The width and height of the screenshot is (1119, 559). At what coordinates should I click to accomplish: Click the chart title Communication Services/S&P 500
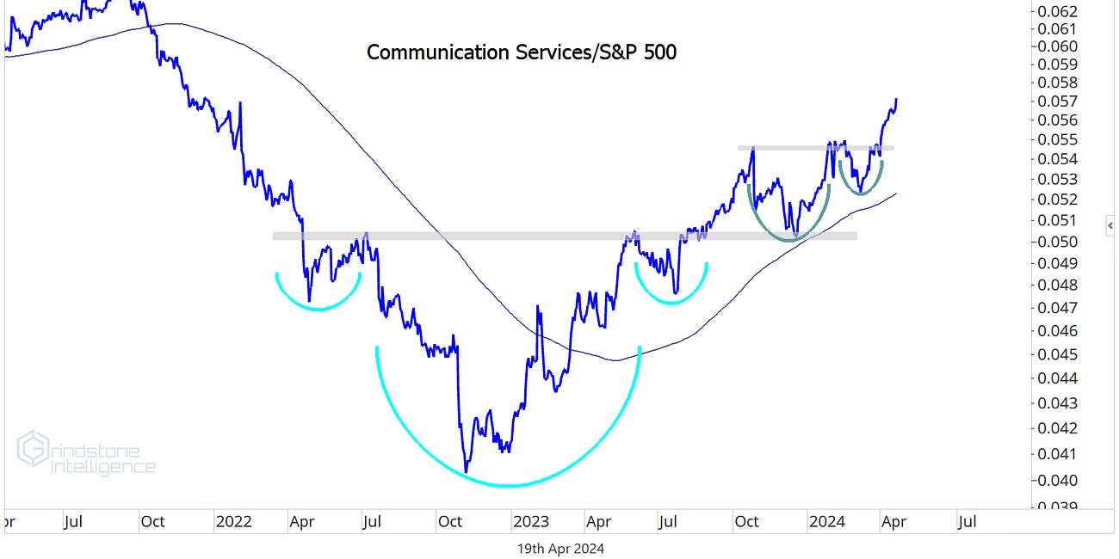click(522, 52)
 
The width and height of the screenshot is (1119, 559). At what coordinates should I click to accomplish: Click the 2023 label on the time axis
click(529, 521)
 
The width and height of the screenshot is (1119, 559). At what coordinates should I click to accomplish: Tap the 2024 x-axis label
click(826, 521)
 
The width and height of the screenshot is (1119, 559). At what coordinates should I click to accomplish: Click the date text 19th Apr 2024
click(559, 548)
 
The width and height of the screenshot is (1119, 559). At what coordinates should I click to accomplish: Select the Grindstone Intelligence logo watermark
click(86, 453)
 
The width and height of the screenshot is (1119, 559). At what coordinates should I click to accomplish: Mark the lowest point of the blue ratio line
click(466, 471)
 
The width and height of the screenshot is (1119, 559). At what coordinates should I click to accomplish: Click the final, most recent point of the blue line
click(897, 99)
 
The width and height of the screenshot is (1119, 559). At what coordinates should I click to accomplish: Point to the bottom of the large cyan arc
click(508, 486)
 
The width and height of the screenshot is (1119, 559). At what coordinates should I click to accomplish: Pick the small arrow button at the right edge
click(1110, 225)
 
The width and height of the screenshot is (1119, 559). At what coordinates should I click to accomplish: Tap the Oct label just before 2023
click(450, 521)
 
